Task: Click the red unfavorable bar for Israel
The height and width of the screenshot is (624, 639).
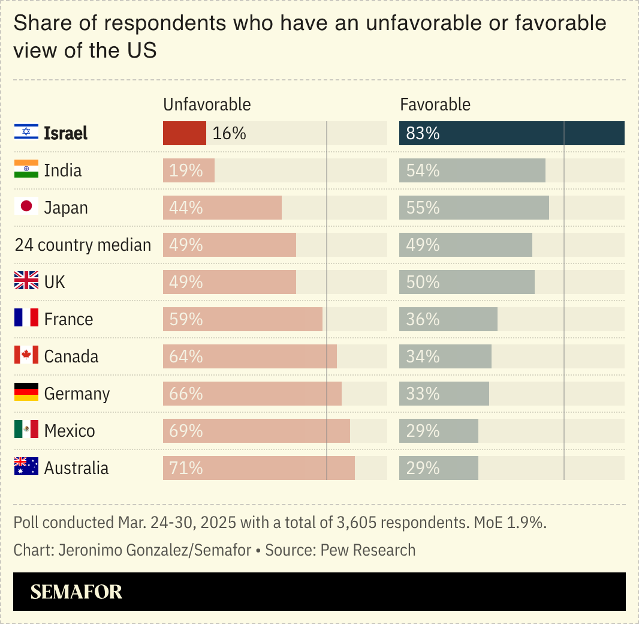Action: tap(185, 133)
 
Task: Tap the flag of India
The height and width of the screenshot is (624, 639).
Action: tap(26, 170)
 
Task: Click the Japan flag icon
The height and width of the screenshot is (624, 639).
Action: tap(26, 207)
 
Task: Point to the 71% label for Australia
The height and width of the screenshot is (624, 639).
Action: tap(186, 468)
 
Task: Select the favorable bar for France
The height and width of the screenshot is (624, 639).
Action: tap(448, 319)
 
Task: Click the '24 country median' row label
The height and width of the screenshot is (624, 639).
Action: tap(83, 245)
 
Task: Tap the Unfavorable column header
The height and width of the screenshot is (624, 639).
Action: tap(207, 104)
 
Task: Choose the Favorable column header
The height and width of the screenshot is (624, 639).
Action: tap(435, 104)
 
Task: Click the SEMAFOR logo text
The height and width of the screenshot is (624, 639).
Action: tap(76, 592)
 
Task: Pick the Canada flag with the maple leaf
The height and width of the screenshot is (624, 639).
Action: tap(26, 356)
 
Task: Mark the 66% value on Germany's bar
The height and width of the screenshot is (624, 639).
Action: tap(186, 394)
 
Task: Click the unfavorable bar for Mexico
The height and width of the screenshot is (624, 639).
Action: tap(256, 431)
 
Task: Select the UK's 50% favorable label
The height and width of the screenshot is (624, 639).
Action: tap(423, 282)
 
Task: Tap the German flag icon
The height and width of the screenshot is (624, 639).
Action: tap(26, 393)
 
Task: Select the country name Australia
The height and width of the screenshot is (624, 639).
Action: tap(77, 468)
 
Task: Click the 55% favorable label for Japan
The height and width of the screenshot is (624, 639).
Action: tap(423, 208)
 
